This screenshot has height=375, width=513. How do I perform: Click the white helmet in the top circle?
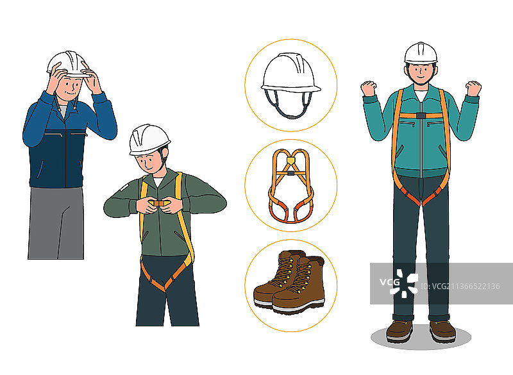[290, 74]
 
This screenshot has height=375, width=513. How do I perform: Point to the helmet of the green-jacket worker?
[149, 140]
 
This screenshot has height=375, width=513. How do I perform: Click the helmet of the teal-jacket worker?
[421, 53]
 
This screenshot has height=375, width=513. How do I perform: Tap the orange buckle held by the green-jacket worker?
[159, 204]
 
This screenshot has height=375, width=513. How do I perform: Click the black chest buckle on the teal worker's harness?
[421, 115]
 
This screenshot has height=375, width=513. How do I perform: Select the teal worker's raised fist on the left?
[369, 88]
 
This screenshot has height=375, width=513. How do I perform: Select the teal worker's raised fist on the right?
[473, 88]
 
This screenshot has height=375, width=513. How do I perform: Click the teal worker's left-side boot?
[399, 331]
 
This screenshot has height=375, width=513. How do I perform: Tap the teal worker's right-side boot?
[442, 331]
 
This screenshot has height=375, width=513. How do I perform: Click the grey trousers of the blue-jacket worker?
[56, 223]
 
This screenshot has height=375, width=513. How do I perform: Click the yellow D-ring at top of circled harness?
[290, 160]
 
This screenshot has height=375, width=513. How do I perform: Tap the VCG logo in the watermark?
[399, 283]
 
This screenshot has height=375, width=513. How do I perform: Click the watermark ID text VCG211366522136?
[460, 287]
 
